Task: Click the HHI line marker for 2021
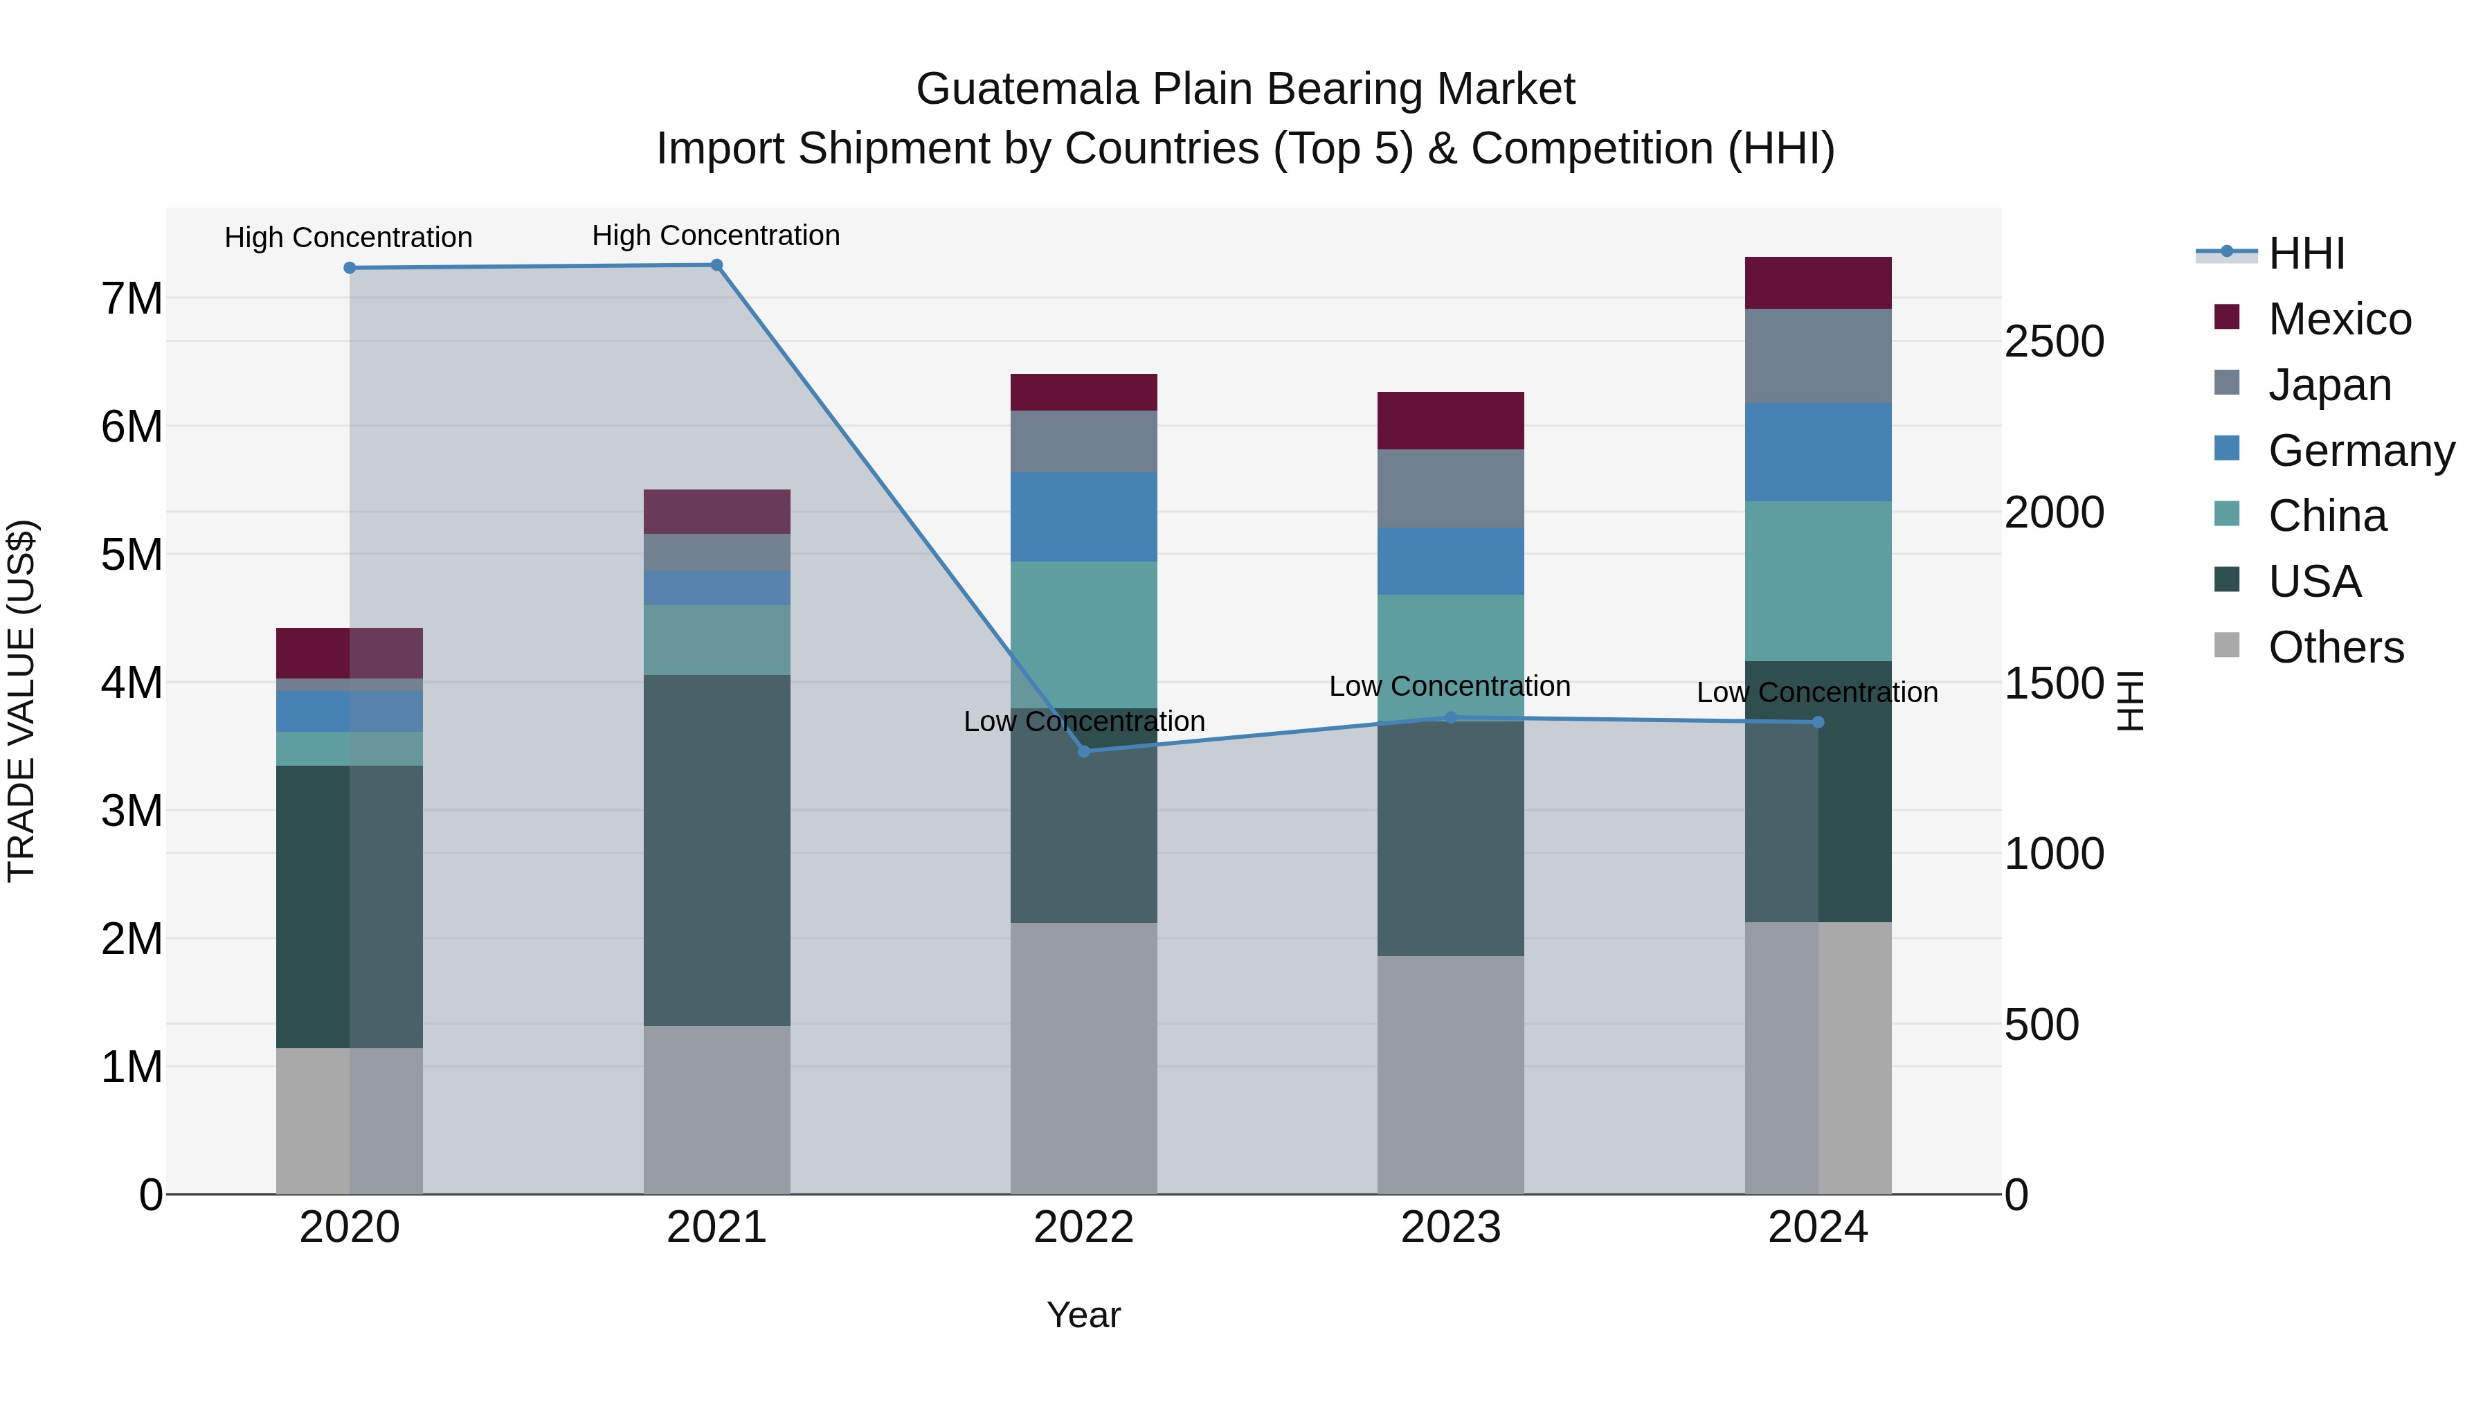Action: pyautogui.click(x=717, y=265)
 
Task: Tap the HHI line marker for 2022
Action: pyautogui.click(x=1083, y=751)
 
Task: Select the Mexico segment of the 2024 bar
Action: pyautogui.click(x=1818, y=283)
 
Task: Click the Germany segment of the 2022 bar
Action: pyautogui.click(x=1083, y=516)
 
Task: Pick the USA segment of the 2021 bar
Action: pyautogui.click(x=717, y=850)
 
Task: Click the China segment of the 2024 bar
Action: pyautogui.click(x=1818, y=581)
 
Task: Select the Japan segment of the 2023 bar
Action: pyautogui.click(x=1450, y=489)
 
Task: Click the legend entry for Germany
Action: pyautogui.click(x=2360, y=451)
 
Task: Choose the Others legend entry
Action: pyautogui.click(x=2336, y=647)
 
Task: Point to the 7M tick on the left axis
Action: pyautogui.click(x=132, y=298)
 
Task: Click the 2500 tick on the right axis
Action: pyautogui.click(x=2054, y=341)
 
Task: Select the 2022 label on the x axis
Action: pyautogui.click(x=1083, y=1228)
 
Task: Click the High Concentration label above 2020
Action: pyautogui.click(x=348, y=237)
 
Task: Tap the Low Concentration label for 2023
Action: pyautogui.click(x=1449, y=686)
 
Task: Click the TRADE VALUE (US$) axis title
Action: pyautogui.click(x=21, y=701)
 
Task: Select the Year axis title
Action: pyautogui.click(x=1083, y=1315)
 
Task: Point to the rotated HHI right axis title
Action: pyautogui.click(x=2130, y=701)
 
